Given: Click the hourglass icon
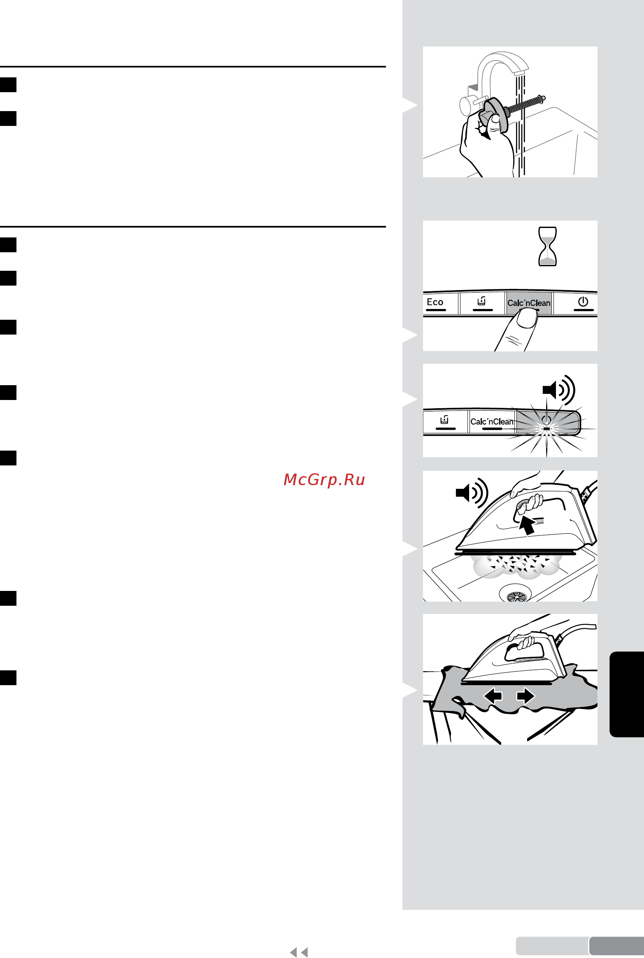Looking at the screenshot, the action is [548, 246].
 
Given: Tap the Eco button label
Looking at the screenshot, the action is [435, 302].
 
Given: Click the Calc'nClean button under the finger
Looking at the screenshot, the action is [529, 303].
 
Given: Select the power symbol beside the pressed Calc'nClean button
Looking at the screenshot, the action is [583, 302].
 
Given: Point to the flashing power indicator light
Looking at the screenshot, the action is [546, 428].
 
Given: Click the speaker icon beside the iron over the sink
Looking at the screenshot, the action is [472, 492].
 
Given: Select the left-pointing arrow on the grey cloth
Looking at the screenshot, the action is [493, 696].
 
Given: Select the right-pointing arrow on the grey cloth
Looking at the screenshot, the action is [525, 696].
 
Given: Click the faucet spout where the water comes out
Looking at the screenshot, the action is [519, 72].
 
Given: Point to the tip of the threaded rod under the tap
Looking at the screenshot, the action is [544, 98].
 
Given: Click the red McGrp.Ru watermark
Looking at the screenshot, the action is [324, 480].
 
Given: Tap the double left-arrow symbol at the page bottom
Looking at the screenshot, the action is [299, 952].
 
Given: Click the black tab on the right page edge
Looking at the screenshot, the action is [627, 694].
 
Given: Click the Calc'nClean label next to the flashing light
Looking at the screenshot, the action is [492, 421].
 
